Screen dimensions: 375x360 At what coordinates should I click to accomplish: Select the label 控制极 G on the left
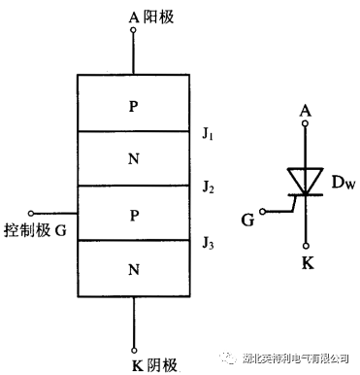(x=35, y=231)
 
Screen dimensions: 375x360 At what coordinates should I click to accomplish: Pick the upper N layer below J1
(x=133, y=157)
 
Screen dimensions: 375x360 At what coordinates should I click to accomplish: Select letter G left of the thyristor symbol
(x=246, y=221)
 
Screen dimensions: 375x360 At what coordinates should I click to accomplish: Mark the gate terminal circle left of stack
(x=32, y=213)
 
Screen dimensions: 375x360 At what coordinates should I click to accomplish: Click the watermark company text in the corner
(x=295, y=358)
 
